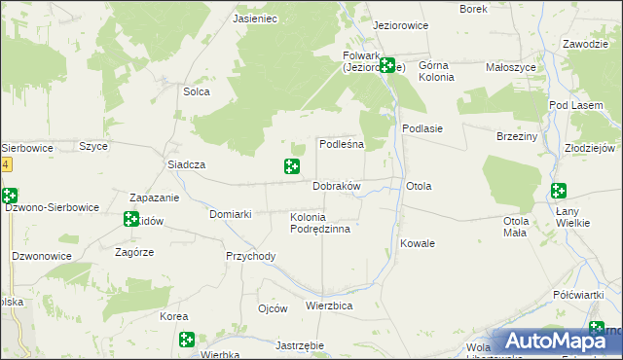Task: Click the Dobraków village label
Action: coord(337,186)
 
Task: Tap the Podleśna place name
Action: coord(342,144)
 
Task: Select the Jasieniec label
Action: coord(256,18)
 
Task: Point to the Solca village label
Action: coord(198,92)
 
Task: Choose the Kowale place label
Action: coord(418,243)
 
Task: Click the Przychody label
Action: coord(251,257)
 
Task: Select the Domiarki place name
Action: coord(232,214)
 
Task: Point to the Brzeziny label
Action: coord(517,137)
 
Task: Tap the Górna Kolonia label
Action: coord(436,71)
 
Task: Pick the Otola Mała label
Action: coord(516,227)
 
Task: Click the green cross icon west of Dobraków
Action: coord(291,167)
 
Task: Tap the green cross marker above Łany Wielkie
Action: coord(559,191)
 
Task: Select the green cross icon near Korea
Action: coord(186,340)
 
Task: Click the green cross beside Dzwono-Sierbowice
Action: coord(8,196)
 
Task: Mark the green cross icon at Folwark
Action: coord(386,66)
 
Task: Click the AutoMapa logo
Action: coord(559,341)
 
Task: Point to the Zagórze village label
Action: coord(134,251)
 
